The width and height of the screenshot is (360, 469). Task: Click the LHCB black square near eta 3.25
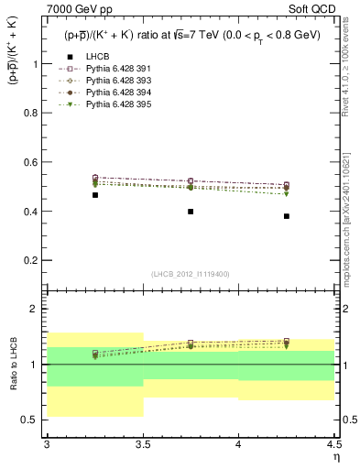[95, 195]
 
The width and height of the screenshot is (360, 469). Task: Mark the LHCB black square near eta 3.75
[191, 212]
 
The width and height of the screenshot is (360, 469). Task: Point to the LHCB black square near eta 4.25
[287, 216]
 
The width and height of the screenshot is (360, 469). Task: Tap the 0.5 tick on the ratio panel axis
[35, 420]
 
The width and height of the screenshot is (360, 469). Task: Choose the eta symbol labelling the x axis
[335, 456]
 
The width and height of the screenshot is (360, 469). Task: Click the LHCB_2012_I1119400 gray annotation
[190, 273]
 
